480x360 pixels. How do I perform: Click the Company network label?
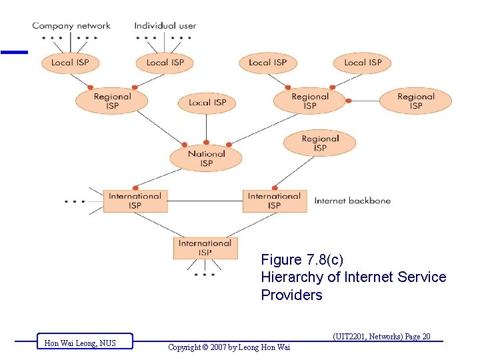coord(71,26)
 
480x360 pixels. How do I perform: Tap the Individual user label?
coord(165,26)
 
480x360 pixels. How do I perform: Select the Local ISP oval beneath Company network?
coord(70,63)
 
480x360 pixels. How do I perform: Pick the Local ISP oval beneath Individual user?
coord(165,63)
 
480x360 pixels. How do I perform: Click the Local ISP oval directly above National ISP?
coord(207,103)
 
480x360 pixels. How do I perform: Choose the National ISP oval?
coord(206,158)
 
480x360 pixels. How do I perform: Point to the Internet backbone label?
coord(352,201)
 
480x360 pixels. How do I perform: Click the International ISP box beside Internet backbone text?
coord(274,201)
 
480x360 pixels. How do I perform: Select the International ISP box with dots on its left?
coord(135,201)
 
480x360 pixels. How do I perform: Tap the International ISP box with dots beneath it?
coord(205,248)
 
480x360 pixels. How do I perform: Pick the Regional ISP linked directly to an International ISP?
coord(320,143)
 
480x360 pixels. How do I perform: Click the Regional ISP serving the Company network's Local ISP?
coord(112,101)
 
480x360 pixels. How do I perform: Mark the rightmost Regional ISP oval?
coord(415,101)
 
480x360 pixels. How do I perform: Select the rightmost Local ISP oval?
coord(363,63)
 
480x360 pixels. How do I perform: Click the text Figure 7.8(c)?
coord(302,259)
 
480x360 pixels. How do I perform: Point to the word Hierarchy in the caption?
coord(289,277)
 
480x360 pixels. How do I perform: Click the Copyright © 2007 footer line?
coord(229,347)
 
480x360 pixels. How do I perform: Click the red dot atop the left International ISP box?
coord(135,187)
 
